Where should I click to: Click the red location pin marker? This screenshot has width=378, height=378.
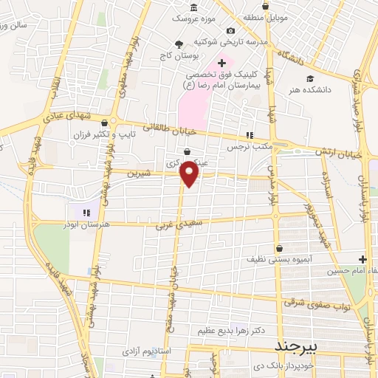(x=190, y=173)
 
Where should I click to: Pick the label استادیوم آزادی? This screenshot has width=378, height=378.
(x=145, y=349)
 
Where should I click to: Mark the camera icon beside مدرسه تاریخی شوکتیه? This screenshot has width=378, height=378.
(x=232, y=31)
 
